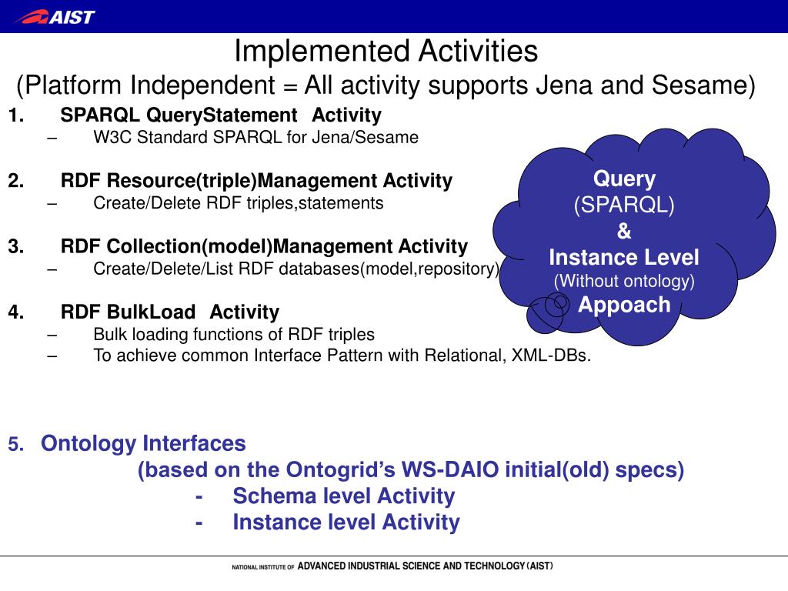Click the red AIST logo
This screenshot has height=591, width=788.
pyautogui.click(x=55, y=17)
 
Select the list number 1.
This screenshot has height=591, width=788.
pyautogui.click(x=15, y=115)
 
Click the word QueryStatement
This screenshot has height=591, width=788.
pyautogui.click(x=222, y=115)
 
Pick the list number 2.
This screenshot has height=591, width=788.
pyautogui.click(x=15, y=180)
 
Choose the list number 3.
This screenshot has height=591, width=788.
pyautogui.click(x=15, y=246)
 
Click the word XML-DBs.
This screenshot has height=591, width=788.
pyautogui.click(x=551, y=356)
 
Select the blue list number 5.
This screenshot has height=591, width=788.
pyautogui.click(x=15, y=444)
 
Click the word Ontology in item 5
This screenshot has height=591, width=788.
pyautogui.click(x=88, y=444)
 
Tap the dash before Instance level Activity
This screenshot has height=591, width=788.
pyautogui.click(x=199, y=523)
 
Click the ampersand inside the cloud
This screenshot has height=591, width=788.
pyautogui.click(x=623, y=231)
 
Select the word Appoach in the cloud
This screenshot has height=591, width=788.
pyautogui.click(x=624, y=305)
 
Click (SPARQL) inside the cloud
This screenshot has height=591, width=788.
pyautogui.click(x=623, y=205)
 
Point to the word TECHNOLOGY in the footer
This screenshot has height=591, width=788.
pyautogui.click(x=495, y=566)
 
